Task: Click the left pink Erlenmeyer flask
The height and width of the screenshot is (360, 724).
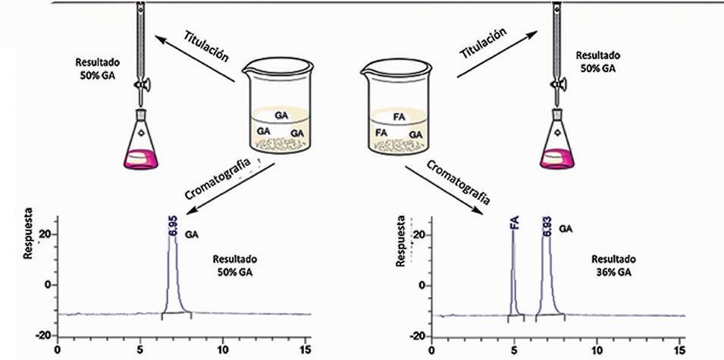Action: tap(141, 144)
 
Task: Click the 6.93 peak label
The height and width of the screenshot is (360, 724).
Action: tap(547, 227)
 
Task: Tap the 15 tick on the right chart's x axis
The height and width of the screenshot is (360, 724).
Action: tap(680, 351)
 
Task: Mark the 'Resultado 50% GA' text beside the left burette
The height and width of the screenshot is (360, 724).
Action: tap(95, 67)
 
